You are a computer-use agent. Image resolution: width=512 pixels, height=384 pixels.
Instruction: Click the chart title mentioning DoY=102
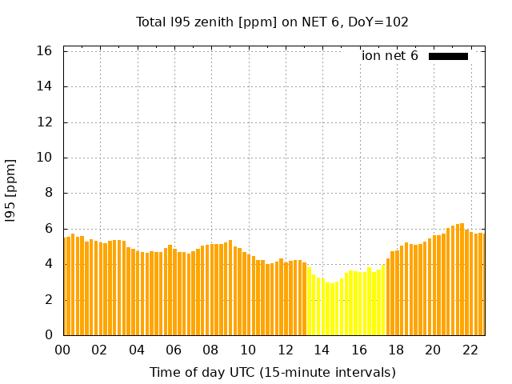click(x=272, y=22)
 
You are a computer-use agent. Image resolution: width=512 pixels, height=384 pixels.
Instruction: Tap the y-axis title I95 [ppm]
click(x=10, y=190)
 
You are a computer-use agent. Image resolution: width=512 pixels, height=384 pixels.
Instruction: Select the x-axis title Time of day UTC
click(x=272, y=372)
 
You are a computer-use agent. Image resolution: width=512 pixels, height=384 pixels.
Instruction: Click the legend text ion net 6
click(x=390, y=56)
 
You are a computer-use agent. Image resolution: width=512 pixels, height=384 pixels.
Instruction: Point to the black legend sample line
click(x=448, y=56)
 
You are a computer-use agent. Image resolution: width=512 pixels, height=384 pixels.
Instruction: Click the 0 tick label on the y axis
click(x=49, y=335)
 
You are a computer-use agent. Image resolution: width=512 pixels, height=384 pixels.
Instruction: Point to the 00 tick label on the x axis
click(x=63, y=350)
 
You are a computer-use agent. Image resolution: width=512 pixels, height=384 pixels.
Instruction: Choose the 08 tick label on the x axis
click(x=210, y=350)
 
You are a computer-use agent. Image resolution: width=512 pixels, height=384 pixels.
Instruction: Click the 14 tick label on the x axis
click(x=322, y=350)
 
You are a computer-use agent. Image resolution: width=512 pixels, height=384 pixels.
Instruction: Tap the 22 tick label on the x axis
click(x=470, y=350)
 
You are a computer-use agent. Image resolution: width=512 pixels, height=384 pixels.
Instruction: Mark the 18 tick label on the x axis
click(x=395, y=350)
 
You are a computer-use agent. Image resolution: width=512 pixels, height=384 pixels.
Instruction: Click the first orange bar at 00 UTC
click(x=65, y=288)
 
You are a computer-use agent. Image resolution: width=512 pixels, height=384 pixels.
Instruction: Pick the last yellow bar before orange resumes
click(x=383, y=300)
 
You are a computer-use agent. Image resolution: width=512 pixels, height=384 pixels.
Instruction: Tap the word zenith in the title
click(x=210, y=22)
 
